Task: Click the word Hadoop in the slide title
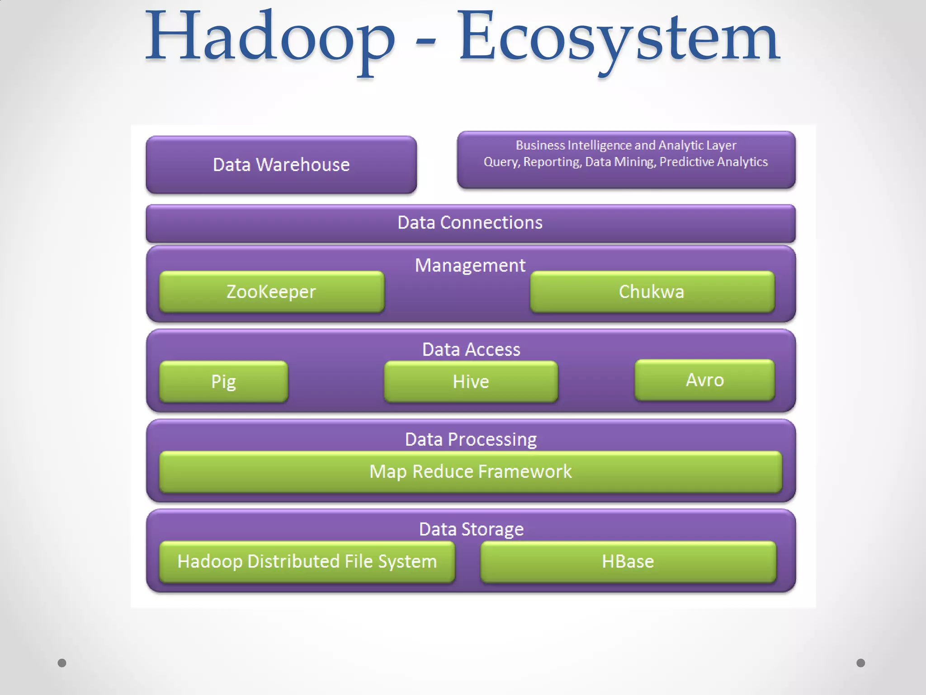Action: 269,38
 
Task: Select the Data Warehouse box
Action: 281,165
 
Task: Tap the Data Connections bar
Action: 470,223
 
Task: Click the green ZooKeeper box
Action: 271,292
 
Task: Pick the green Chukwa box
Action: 652,292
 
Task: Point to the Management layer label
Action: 470,266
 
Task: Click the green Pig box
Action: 223,381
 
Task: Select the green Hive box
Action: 471,381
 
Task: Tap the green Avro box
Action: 704,380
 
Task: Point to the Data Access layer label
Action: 471,350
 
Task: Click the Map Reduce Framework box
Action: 470,472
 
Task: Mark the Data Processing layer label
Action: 471,439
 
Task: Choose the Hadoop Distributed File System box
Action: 307,562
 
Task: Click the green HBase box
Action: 628,562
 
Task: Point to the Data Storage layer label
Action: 471,529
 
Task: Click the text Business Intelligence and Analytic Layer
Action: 626,145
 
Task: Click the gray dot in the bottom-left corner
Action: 62,663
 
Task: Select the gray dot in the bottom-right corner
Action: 860,663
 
